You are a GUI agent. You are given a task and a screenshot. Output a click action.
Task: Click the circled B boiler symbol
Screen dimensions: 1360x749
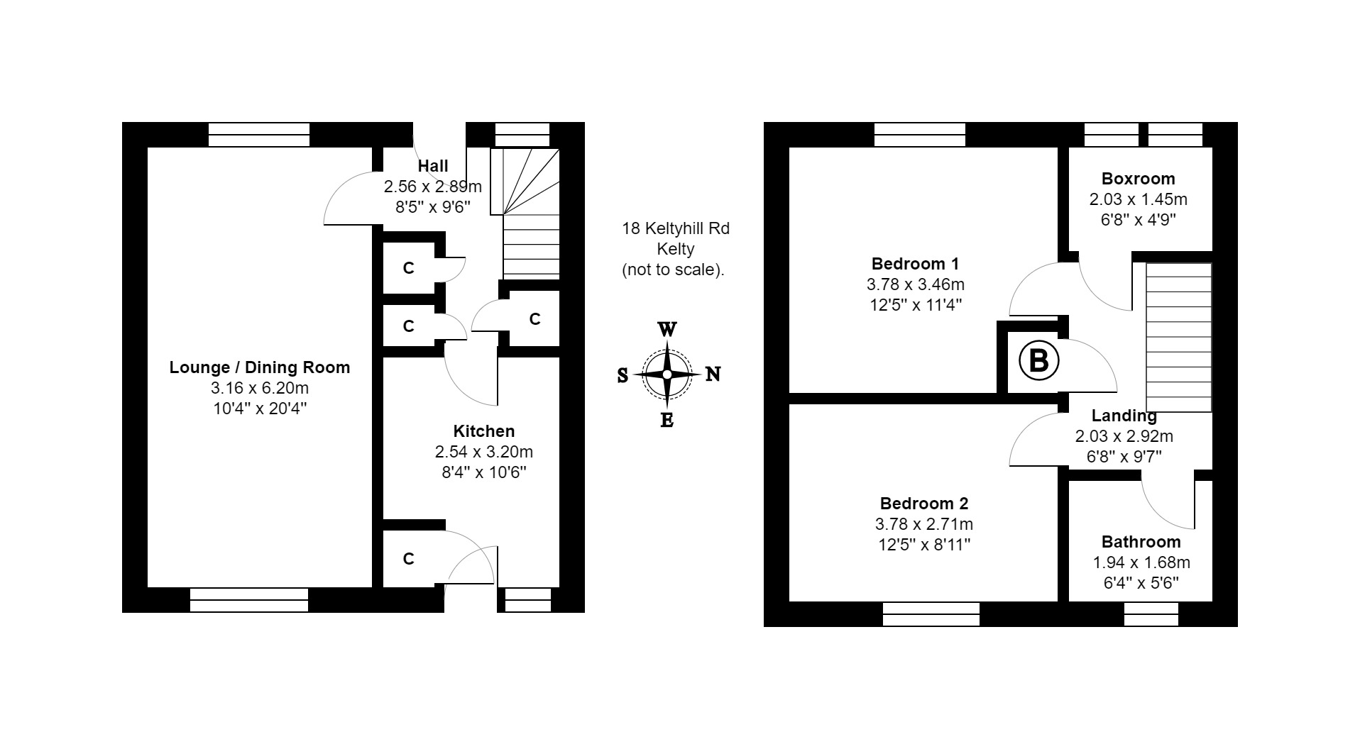pos(1038,361)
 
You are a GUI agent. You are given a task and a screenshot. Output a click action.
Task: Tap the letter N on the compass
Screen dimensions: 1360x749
pos(713,374)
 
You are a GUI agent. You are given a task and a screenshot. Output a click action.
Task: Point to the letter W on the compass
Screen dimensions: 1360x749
pos(667,330)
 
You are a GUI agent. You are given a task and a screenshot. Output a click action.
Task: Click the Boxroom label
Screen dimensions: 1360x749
pos(1138,179)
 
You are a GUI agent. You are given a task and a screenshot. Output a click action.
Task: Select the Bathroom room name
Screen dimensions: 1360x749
pos(1141,542)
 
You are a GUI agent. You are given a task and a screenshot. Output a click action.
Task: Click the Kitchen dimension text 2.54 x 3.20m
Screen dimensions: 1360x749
pos(483,452)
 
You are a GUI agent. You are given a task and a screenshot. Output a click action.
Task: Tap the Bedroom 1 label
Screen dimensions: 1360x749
pos(915,264)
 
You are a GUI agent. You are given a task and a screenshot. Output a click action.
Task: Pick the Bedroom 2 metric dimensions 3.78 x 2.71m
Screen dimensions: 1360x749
pos(923,524)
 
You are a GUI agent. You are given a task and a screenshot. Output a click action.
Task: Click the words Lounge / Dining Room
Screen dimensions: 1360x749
pos(259,367)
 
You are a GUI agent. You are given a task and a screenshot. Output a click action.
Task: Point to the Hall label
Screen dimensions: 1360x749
pos(433,166)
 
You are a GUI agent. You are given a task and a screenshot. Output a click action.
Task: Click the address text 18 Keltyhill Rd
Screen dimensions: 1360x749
pos(676,228)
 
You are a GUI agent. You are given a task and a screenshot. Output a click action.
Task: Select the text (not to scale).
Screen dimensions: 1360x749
pos(673,270)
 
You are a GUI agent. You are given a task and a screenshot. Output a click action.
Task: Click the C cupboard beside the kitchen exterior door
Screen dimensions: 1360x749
pos(408,559)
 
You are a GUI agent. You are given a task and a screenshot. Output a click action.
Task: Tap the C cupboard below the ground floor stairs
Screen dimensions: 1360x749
pos(534,319)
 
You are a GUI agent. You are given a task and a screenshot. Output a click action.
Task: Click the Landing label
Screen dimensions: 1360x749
pos(1124,416)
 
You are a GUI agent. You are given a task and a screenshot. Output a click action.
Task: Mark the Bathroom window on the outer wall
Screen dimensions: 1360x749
pos(1151,614)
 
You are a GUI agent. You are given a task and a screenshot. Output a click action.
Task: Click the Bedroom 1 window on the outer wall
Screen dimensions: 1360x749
pos(920,135)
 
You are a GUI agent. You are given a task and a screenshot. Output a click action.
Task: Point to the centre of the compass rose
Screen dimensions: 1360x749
pos(667,374)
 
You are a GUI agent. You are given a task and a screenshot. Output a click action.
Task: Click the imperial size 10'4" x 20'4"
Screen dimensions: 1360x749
pos(259,409)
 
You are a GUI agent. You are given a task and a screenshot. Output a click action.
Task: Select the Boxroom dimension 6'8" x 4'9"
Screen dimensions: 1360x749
pos(1138,220)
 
